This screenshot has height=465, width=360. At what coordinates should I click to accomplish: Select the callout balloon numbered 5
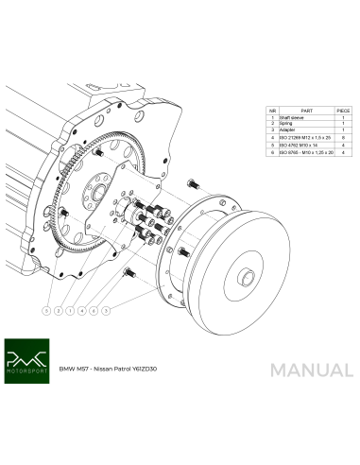click(x=45, y=309)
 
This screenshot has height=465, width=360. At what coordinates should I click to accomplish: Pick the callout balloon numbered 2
click(x=58, y=309)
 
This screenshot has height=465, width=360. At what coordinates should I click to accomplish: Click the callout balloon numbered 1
click(x=70, y=309)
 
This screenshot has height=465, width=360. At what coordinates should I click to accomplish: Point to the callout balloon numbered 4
click(x=82, y=309)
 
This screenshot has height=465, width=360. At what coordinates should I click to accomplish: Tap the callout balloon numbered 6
click(x=94, y=309)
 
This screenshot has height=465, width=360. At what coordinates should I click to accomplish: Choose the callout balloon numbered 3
click(x=107, y=309)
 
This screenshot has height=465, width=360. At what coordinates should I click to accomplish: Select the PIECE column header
click(x=342, y=110)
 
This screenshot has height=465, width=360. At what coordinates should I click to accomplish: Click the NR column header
click(x=272, y=110)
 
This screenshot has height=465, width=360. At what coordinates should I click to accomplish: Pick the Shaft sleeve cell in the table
click(x=293, y=118)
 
